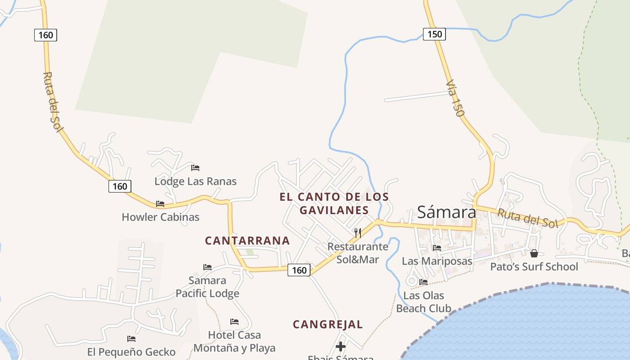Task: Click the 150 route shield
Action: (434, 34)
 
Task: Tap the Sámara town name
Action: (446, 212)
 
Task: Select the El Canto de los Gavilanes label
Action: (334, 203)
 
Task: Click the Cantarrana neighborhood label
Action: (247, 241)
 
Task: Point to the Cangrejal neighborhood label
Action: (328, 324)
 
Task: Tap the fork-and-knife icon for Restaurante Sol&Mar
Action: (358, 233)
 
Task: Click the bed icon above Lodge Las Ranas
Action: (195, 168)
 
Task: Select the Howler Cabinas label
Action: (160, 217)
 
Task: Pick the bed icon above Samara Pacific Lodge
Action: (207, 267)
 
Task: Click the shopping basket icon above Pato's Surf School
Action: (534, 253)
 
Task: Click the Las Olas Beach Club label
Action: (423, 302)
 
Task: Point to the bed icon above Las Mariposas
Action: (436, 247)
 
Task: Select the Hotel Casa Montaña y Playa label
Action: (234, 342)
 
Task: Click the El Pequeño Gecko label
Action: (131, 352)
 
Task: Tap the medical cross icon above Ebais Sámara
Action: (341, 346)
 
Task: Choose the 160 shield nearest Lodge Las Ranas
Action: (120, 186)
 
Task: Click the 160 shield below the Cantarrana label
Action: (299, 270)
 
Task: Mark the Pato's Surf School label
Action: (534, 267)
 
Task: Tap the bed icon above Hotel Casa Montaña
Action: (234, 322)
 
